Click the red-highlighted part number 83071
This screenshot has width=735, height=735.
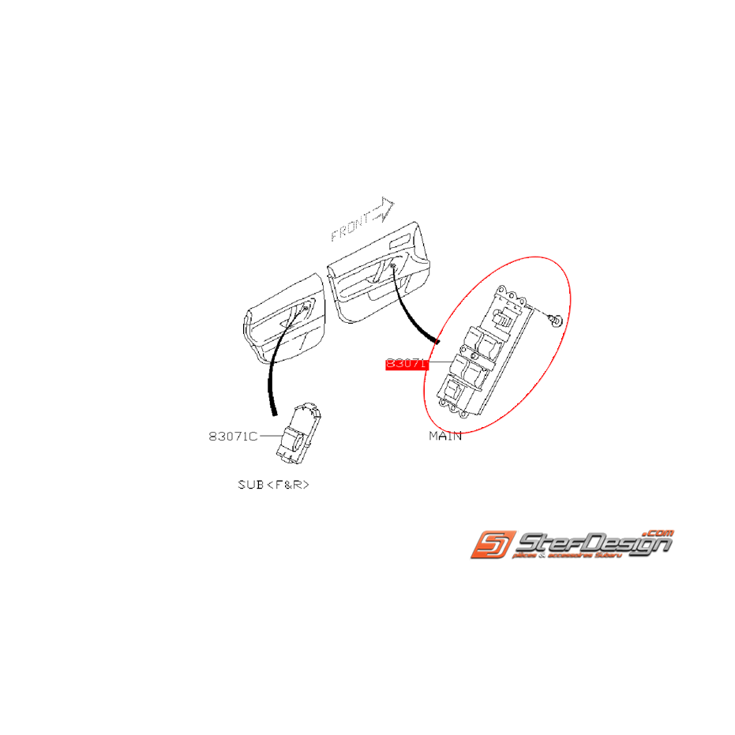pos(406,364)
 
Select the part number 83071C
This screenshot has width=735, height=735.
pos(234,436)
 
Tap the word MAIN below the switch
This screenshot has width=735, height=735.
pos(445,436)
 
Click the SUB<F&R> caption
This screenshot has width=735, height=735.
pos(273,484)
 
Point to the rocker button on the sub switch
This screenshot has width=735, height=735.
pos(291,439)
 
